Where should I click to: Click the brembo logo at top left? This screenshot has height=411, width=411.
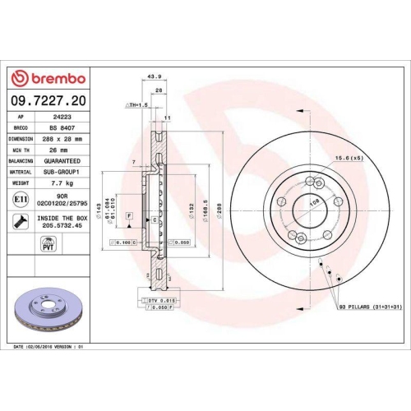(47, 78)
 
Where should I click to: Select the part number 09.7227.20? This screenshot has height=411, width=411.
(48, 101)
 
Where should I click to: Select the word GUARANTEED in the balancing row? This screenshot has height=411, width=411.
(64, 163)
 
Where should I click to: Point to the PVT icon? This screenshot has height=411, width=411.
(48, 243)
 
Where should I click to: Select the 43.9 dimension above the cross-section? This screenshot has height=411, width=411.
(152, 77)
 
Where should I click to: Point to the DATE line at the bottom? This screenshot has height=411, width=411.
(49, 348)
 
